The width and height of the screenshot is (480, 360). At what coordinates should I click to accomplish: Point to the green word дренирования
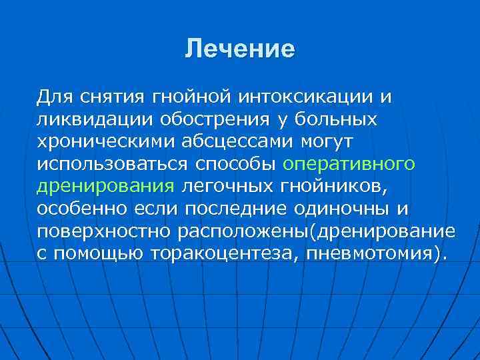(x=105, y=187)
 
